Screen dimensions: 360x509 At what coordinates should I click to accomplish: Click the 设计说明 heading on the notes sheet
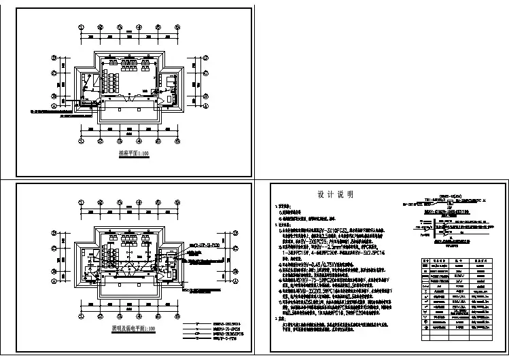click(335, 194)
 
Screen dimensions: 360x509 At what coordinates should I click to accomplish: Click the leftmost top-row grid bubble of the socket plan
click(82, 28)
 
